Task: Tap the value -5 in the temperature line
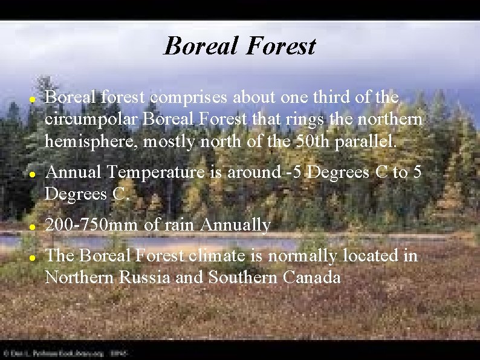tap(295, 172)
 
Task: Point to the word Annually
tap(235, 225)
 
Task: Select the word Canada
tap(313, 278)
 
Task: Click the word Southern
tap(241, 278)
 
